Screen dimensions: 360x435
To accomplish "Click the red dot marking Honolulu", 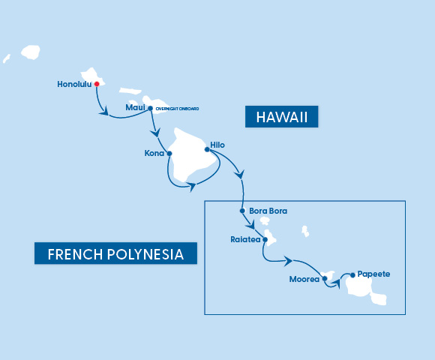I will pos(97,84).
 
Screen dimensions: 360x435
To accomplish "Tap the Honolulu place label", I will pos(74,84).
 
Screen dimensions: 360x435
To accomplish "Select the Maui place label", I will pos(135,108).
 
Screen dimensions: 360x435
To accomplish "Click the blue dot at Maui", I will pos(151,108).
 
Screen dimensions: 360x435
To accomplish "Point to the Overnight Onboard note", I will pos(177,109).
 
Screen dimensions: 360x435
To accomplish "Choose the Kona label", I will pos(154,154).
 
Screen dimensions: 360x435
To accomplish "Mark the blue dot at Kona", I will pos(169,154).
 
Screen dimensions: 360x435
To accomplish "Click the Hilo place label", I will pos(217,145).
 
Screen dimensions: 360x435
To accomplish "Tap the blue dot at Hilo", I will pos(207,148).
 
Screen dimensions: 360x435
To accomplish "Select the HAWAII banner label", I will pos(282,117).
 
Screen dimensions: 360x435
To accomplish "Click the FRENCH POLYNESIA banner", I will pos(115,253).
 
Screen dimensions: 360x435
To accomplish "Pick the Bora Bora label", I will pos(268,211).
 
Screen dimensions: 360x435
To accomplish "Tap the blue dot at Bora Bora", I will pos(242,211).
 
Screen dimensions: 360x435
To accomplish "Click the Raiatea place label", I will pos(245,241).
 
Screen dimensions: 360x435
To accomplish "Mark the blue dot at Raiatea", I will pos(265,241).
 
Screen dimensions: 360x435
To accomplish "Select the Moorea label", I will pos(304,280).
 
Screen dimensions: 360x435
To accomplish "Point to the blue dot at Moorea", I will pos(324,279).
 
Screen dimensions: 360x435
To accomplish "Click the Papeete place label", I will pos(373,274).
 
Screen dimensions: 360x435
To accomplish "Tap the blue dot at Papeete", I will pos(351,274).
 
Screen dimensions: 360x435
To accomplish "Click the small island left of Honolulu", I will pos(31,52).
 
